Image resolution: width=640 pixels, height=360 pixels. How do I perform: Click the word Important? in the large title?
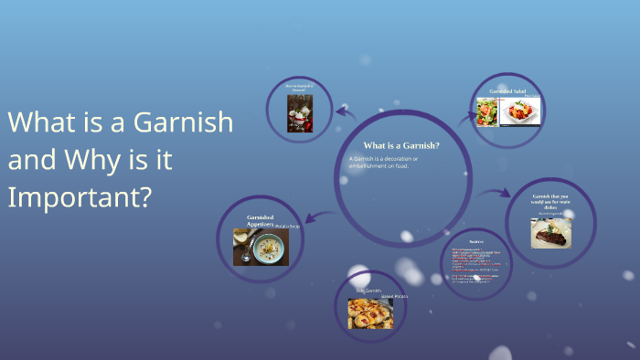point(80,196)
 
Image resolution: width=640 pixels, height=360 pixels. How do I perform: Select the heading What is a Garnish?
point(401,145)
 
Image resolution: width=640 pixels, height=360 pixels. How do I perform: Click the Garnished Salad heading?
point(507,91)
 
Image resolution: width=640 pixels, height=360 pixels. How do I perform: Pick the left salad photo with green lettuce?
point(487,111)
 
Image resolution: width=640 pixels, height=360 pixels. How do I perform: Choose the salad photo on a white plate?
point(520,111)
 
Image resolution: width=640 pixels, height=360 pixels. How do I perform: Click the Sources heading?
point(475,242)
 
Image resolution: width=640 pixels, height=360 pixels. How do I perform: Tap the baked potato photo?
point(369,313)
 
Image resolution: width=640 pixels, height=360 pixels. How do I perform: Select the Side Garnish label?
point(368,291)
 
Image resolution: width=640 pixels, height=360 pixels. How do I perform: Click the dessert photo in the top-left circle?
point(300,113)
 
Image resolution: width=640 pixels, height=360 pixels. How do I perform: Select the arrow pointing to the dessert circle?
point(345,112)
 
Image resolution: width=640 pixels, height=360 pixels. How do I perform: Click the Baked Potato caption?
point(393,297)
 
